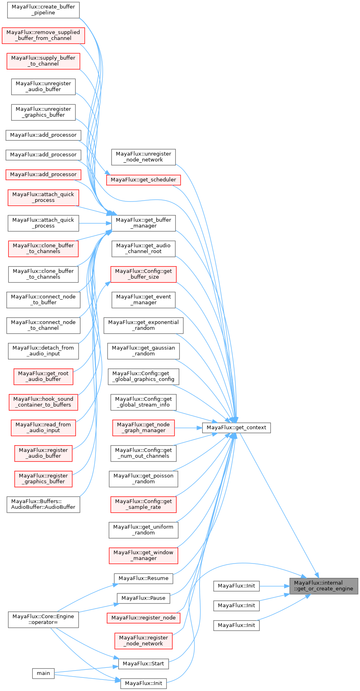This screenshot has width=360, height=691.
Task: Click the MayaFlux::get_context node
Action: pos(236,428)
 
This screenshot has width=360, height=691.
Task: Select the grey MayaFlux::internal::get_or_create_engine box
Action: pos(324,586)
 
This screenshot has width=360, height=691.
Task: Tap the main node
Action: pos(43,673)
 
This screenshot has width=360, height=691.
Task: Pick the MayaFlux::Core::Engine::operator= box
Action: pos(43,619)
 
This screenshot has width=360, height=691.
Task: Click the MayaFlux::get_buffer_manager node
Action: pos(143,223)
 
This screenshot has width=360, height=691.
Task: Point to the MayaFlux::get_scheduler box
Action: pos(143,180)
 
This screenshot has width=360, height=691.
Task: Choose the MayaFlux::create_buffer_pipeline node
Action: pos(43,10)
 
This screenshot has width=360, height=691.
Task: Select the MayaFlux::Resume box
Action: pos(143,578)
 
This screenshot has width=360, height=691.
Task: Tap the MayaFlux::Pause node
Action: pos(143,598)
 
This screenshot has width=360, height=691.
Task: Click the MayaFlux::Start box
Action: pos(143,664)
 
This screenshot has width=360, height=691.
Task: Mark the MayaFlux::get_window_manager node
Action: pos(143,556)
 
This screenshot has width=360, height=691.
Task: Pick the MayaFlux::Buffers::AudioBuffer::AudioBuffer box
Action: pos(43,504)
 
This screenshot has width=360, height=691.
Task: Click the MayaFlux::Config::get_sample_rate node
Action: pos(143,504)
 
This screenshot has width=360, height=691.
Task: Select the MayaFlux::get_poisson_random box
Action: pos(143,479)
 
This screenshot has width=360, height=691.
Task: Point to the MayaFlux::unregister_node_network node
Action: pos(143,157)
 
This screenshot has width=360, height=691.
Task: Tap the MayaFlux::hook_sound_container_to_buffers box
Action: pos(43,402)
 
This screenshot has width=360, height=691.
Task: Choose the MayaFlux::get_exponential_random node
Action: pos(143,325)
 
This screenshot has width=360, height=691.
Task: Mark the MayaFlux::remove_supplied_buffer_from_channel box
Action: pos(43,35)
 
